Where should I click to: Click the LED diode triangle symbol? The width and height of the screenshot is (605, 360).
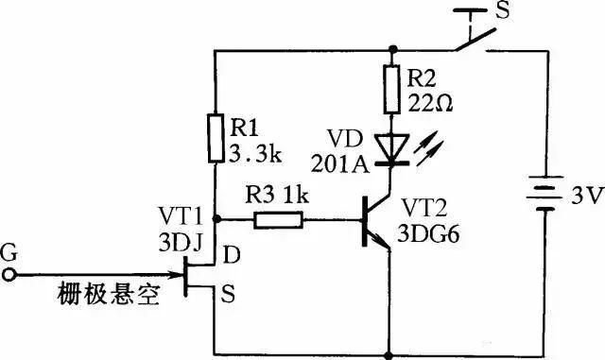coord(389,147)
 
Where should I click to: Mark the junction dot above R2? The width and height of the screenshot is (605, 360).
coord(389,49)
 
